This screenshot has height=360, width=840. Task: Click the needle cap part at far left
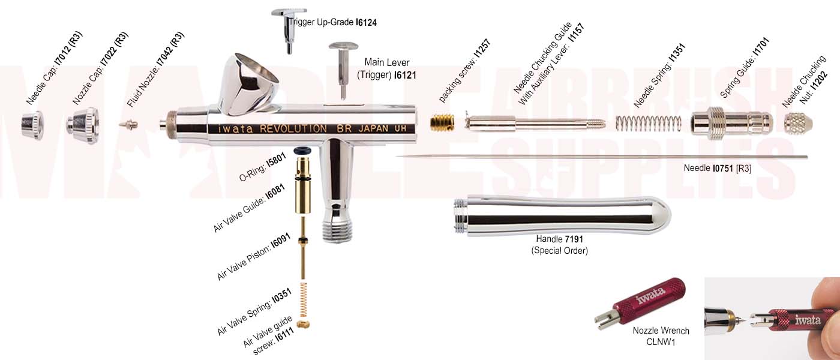coord(32,125)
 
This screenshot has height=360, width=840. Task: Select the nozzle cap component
coord(83,121)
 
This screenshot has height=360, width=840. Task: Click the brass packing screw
coord(442,122)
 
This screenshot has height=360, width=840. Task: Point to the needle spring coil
coord(649,123)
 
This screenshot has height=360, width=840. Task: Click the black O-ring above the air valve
coord(302,151)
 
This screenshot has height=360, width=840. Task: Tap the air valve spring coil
coord(304,299)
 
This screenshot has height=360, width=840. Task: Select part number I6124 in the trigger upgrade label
coord(366,23)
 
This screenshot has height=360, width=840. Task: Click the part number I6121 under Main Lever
coord(405,76)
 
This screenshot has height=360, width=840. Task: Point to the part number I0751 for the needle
coord(722,169)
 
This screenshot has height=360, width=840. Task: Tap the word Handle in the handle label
coord(548,239)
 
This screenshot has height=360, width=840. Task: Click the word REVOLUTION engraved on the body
coord(293,128)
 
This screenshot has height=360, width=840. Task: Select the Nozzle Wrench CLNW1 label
coord(661,336)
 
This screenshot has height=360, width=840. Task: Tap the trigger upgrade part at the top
coord(289,31)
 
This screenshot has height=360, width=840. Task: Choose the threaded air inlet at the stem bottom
coord(337,230)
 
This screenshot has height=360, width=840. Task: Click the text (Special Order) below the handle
coord(559,251)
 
